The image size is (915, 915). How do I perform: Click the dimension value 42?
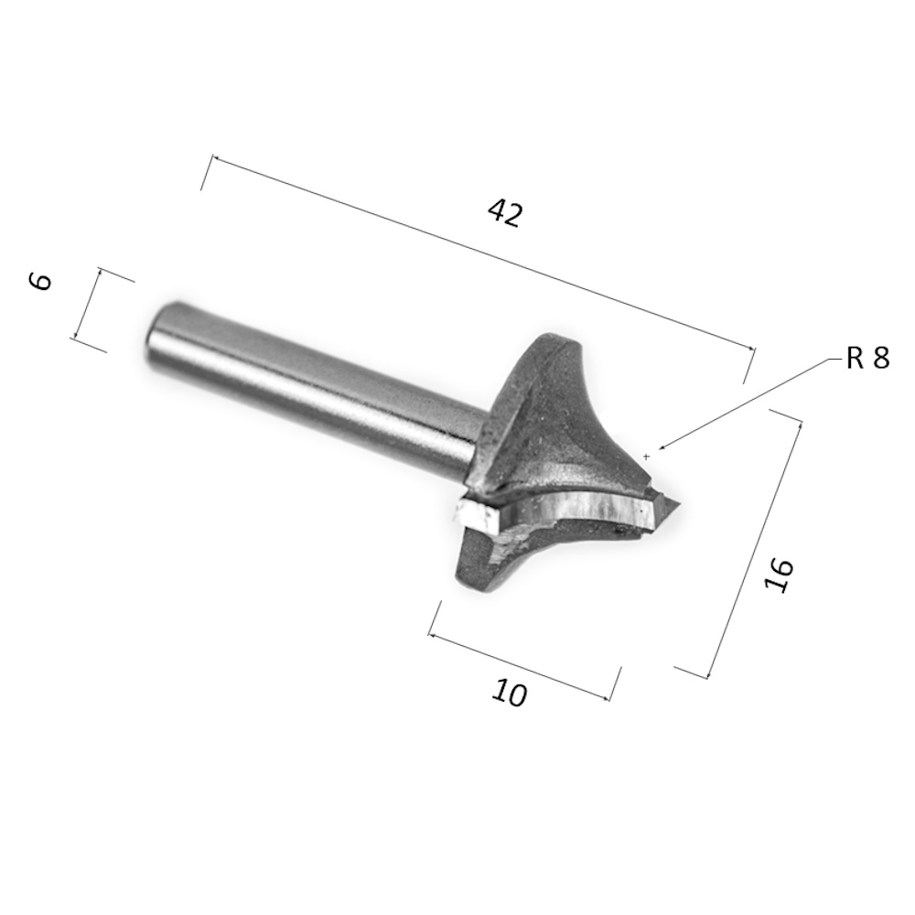(505, 213)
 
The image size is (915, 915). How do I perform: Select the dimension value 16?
(779, 575)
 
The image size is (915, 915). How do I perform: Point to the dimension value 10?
(510, 694)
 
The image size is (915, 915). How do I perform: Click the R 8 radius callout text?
(867, 358)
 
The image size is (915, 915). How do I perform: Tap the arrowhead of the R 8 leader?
(662, 448)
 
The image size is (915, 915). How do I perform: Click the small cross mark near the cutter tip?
(646, 457)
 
